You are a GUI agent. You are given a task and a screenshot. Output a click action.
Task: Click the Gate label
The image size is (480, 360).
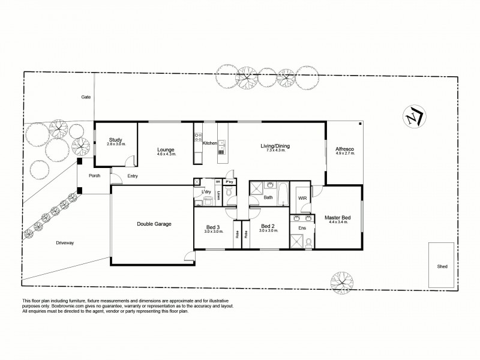(86, 97)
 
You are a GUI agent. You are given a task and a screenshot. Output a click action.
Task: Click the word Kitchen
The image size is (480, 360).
(209, 143)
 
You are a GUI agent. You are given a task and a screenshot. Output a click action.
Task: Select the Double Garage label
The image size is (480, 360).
(154, 224)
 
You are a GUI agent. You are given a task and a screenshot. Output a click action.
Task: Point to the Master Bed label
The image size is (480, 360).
(338, 217)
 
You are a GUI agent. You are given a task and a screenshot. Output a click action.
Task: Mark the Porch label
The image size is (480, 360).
(94, 176)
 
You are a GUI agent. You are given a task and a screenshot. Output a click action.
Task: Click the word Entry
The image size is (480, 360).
(133, 176)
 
